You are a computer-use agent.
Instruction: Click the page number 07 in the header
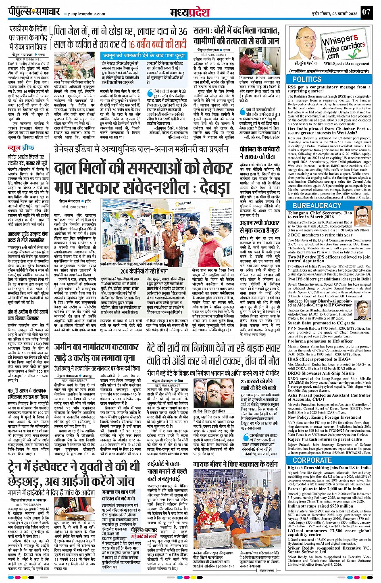pos(366,12)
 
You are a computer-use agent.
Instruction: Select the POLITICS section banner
pos(307,79)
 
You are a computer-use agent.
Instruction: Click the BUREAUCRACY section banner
pos(317,205)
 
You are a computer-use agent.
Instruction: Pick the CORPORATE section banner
pos(312,460)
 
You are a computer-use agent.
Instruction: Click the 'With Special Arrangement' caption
pos(346,64)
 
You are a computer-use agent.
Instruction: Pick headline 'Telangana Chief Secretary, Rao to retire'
pos(320,215)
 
